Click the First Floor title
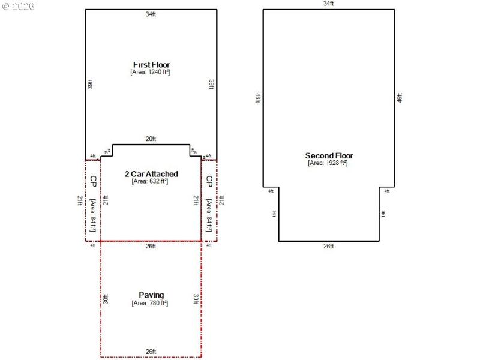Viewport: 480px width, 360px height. [x=151, y=64]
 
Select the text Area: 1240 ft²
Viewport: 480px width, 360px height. [x=151, y=71]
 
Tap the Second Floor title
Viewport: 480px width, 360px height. [x=329, y=155]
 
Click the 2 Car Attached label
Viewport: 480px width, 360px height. [x=151, y=174]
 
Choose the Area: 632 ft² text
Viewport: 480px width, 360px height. [x=151, y=181]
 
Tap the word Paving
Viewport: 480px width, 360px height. [x=151, y=295]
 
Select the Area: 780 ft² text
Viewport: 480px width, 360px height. [x=151, y=302]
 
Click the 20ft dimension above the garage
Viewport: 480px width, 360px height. [x=151, y=139]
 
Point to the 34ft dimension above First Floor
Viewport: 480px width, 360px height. [x=151, y=14]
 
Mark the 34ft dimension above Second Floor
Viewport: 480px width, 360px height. [x=328, y=4]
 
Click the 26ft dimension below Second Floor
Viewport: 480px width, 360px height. [x=328, y=246]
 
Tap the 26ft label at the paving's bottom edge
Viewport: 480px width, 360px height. [x=151, y=352]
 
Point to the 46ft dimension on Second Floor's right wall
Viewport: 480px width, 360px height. [x=400, y=97]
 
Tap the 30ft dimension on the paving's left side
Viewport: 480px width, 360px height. [x=106, y=298]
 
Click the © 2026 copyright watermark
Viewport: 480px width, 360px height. [x=18, y=6]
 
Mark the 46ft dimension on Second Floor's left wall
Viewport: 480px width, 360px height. [x=258, y=97]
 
